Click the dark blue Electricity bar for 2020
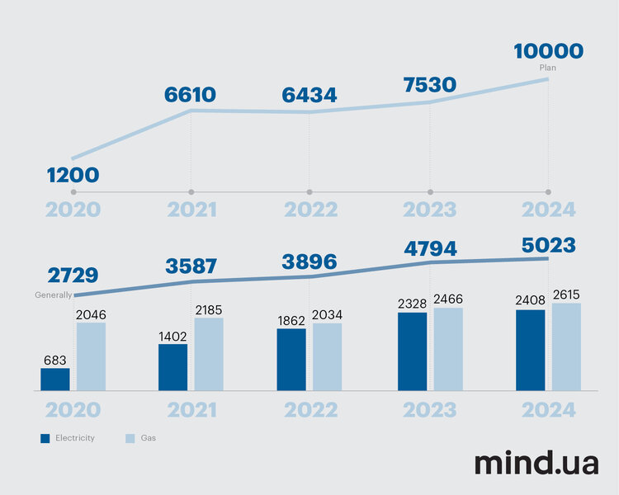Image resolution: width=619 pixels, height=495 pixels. coord(55,379)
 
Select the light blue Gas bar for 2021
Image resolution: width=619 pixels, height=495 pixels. coord(209,354)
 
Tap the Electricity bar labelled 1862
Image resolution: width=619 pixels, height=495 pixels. coord(291,359)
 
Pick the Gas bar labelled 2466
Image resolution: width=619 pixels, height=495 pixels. coord(448,349)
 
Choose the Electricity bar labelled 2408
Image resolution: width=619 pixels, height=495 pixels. coord(531,350)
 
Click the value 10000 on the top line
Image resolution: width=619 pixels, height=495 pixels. coord(548,51)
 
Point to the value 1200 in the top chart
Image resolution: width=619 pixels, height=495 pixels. coord(73,175)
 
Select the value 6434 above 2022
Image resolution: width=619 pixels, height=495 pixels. coord(309,95)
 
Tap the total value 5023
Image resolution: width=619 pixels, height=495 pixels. coord(548,245)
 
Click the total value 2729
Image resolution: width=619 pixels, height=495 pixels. coord(73,276)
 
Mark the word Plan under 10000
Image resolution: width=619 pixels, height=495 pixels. coord(548,68)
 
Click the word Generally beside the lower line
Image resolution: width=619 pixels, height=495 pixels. coord(53,295)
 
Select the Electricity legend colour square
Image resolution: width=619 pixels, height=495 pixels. coord(45,438)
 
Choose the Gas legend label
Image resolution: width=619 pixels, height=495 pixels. coord(148,438)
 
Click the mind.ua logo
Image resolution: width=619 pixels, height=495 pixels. coord(536,463)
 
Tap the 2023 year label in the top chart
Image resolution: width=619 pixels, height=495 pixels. coord(430,210)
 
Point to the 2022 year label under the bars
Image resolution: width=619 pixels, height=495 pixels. coord(311,410)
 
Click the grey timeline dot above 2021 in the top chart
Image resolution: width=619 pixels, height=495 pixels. coord(191,191)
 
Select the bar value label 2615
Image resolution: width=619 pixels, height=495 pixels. coord(566,295)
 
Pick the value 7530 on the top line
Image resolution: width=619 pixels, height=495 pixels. coord(429,85)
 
